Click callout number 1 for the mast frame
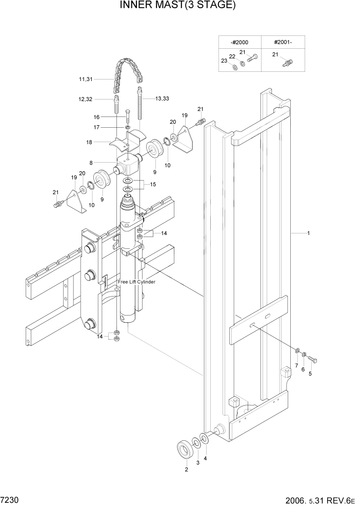[308, 233]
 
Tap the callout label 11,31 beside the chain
[86, 79]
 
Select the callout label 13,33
[162, 98]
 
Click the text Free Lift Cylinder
[136, 282]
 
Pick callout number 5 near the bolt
[309, 374]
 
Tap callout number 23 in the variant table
[224, 61]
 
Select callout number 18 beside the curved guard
[89, 142]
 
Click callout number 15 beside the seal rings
[152, 184]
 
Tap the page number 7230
[8, 499]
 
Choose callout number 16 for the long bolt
[96, 117]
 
